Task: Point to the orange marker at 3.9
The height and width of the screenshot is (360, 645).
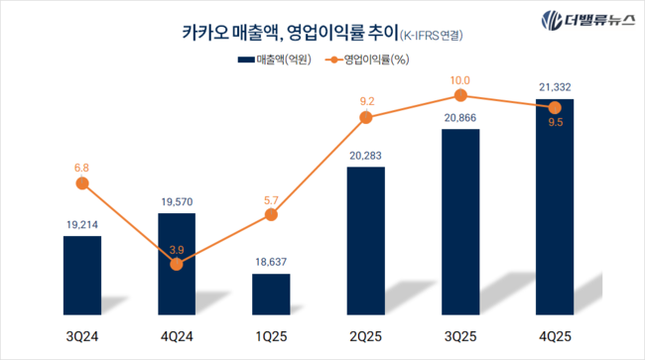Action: point(177,264)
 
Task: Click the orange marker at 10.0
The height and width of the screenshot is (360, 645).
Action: point(459,95)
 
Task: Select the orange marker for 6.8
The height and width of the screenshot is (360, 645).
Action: point(82,183)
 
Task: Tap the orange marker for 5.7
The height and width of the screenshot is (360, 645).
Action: point(271,214)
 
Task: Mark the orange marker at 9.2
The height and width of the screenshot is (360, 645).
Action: point(365,117)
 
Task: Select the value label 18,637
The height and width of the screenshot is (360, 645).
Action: point(271,263)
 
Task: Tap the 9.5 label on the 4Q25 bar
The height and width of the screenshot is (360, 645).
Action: point(554,125)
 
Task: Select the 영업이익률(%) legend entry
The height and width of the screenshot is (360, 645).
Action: point(367,61)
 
